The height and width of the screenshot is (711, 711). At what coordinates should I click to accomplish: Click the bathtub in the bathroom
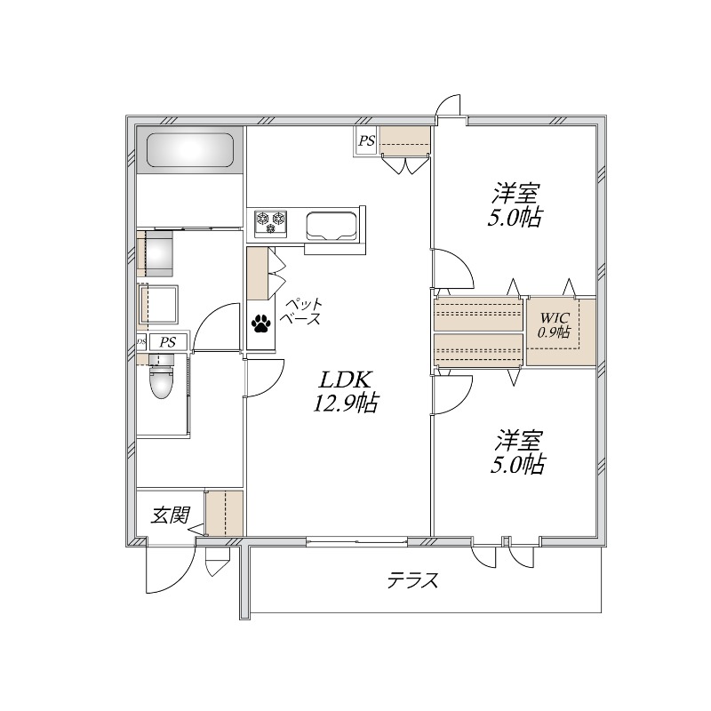[x=190, y=149]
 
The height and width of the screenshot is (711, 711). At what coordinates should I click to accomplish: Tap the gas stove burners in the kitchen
[x=272, y=222]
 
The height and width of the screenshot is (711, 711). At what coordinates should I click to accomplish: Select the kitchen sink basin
[x=332, y=225]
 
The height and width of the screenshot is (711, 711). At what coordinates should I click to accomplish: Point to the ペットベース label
[x=301, y=312]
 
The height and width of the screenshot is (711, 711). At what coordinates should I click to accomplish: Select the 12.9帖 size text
[x=344, y=404]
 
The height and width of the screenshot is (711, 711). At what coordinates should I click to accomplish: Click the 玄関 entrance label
[x=169, y=515]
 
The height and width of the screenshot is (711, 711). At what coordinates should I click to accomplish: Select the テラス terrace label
[x=412, y=581]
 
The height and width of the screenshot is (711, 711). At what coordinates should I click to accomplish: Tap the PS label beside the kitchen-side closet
[x=365, y=140]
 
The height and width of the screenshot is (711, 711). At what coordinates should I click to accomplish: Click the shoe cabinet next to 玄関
[x=224, y=513]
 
